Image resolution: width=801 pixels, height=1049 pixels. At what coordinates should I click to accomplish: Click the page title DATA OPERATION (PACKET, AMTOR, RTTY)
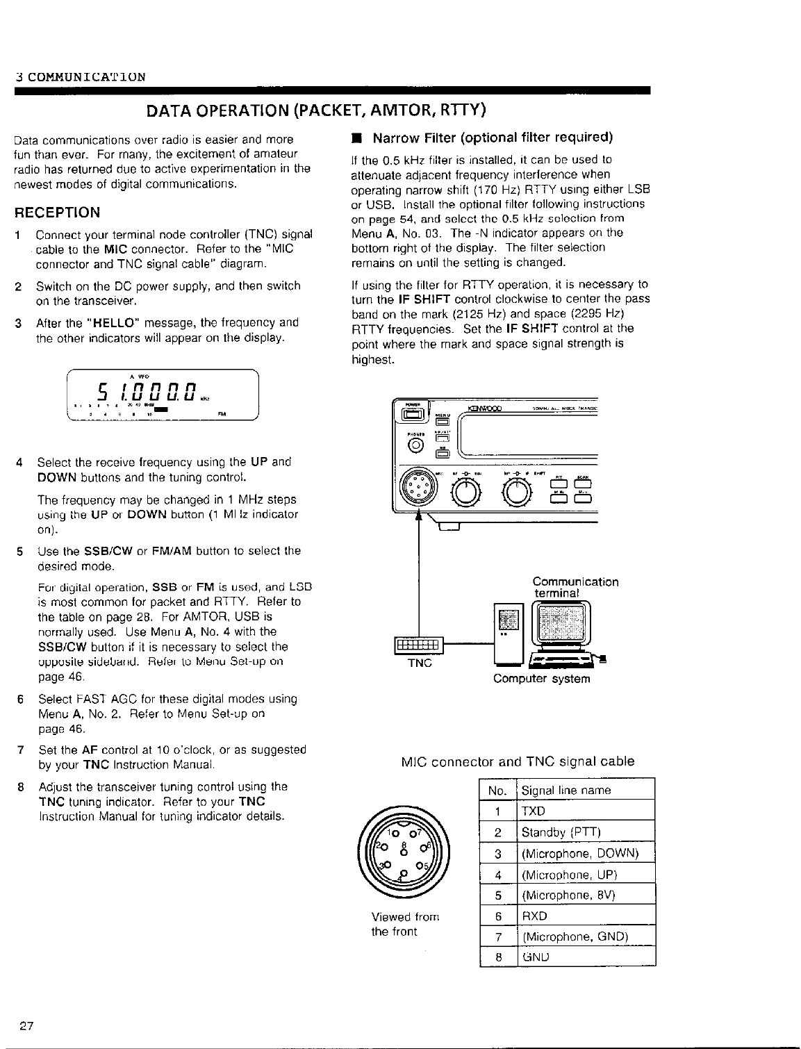tap(315, 110)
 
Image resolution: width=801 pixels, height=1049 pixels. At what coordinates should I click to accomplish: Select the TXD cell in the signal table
tap(534, 811)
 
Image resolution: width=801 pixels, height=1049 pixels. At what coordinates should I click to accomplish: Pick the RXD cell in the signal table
tap(534, 916)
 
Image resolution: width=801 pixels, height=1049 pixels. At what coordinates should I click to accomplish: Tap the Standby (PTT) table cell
tap(561, 832)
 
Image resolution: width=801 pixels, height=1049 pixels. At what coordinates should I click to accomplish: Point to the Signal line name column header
tap(566, 791)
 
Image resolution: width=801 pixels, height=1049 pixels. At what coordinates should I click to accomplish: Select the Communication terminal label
tap(575, 587)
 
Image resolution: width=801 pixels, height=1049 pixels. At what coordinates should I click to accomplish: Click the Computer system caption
tap(541, 679)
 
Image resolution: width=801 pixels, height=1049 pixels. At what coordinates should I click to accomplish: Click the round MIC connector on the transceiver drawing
tap(418, 490)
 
